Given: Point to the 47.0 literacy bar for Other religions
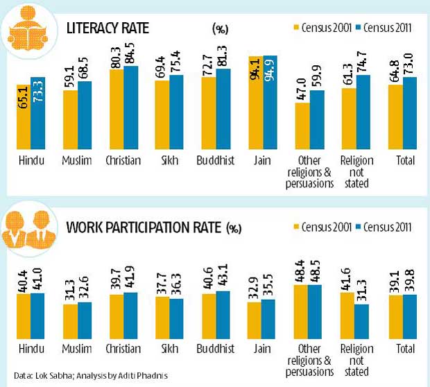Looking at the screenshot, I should pyautogui.click(x=302, y=126).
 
